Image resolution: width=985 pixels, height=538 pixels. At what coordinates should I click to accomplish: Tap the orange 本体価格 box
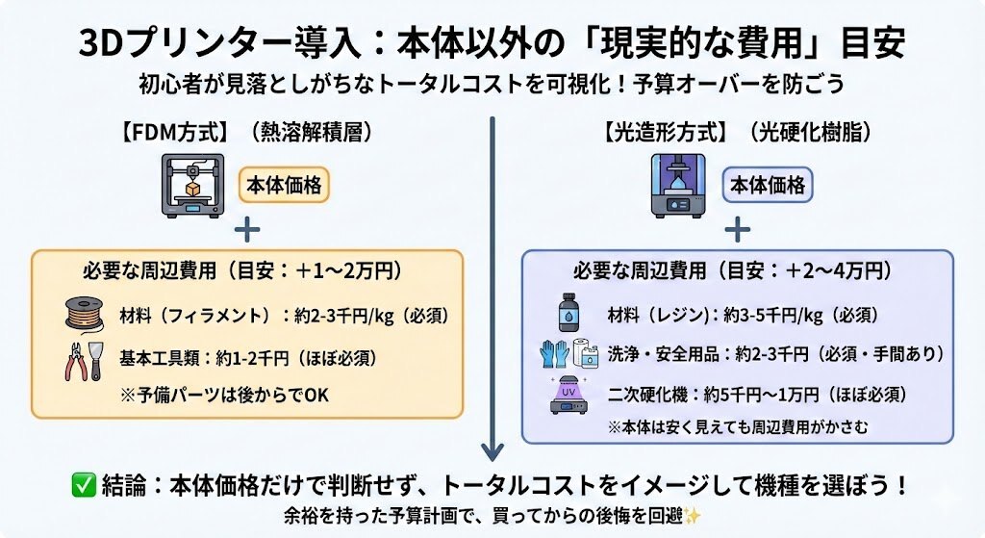tap(284, 183)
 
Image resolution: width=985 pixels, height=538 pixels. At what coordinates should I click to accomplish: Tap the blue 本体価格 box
tap(768, 185)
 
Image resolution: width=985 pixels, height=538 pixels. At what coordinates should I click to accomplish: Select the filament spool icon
tap(84, 315)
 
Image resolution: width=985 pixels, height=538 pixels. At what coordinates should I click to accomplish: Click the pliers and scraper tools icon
tap(84, 359)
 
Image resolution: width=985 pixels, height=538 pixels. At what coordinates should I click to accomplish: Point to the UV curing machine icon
tap(570, 396)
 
